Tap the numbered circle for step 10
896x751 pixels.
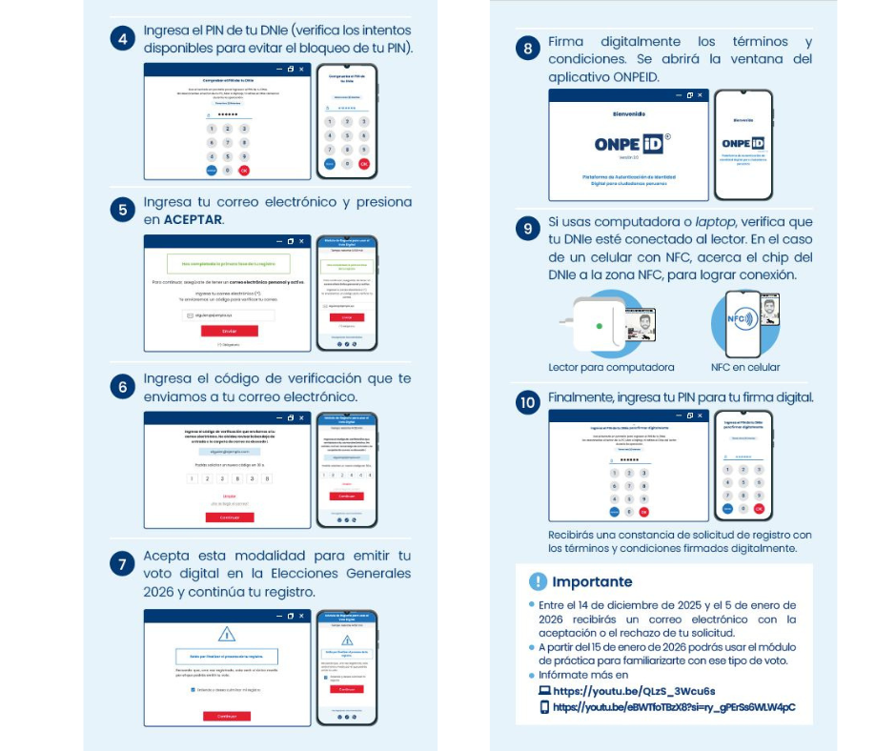(527, 402)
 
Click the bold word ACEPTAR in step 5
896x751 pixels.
(193, 219)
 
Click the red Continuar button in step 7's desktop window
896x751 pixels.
(227, 715)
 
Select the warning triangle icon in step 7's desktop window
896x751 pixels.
(227, 634)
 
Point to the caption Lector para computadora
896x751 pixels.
(611, 367)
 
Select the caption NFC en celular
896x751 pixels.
(744, 367)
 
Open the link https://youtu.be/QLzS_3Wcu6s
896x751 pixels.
(634, 691)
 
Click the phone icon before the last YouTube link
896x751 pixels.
(545, 707)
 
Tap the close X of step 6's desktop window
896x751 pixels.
(301, 418)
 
